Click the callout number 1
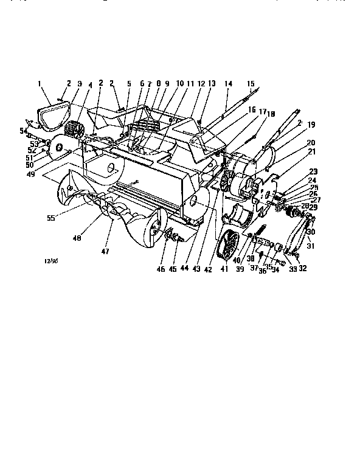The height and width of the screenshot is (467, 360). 40,83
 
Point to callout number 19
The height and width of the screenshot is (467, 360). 311,124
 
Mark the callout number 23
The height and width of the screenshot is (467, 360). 313,171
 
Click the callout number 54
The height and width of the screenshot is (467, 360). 24,131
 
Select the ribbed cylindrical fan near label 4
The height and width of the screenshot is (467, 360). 75,130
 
